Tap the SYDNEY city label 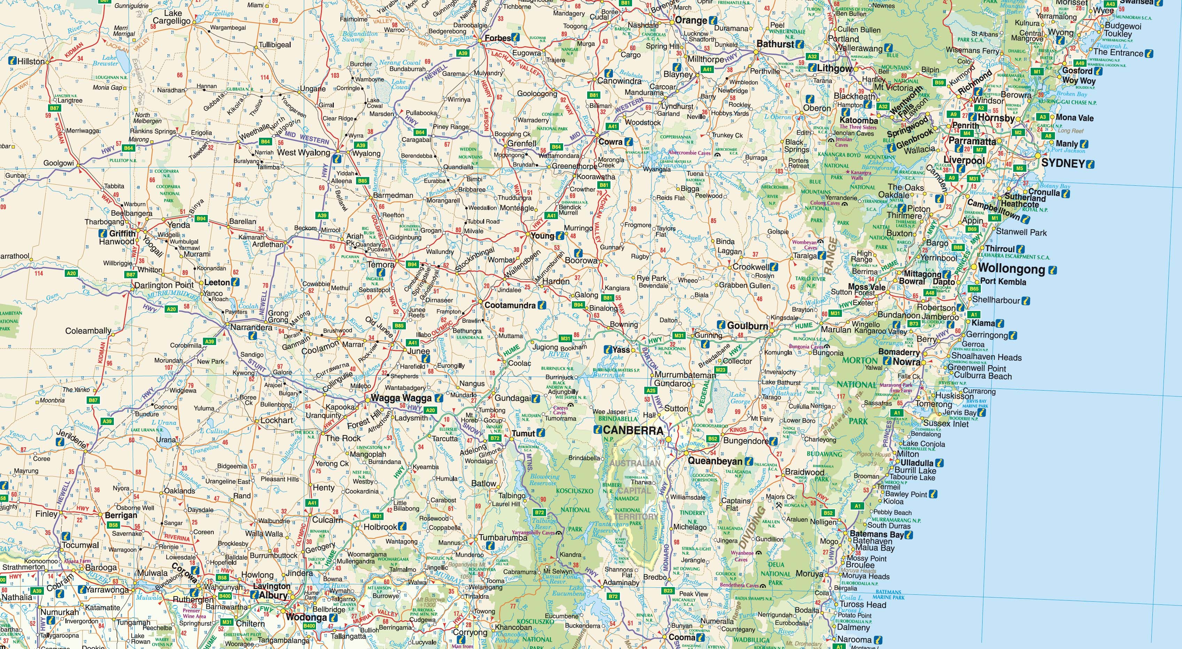point(1062,163)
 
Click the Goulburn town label point(748,326)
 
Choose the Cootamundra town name point(510,305)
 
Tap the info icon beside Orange point(712,21)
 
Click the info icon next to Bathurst point(799,45)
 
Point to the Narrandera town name point(251,327)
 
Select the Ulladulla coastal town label point(917,463)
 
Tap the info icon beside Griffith point(103,233)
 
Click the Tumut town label point(523,433)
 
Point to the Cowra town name point(610,142)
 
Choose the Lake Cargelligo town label point(172,17)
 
